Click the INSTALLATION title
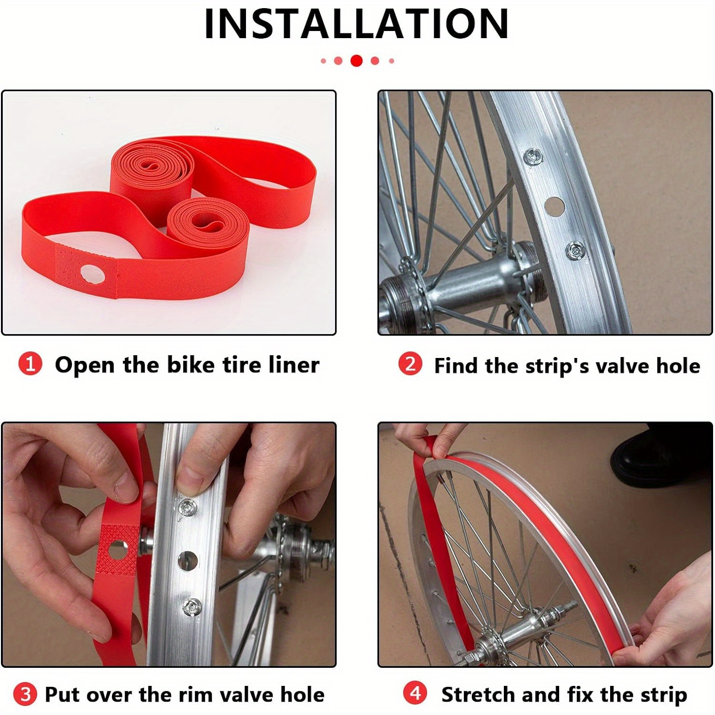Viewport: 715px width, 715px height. (356, 24)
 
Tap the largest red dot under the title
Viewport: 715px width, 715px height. (356, 61)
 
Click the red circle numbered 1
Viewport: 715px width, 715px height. (30, 365)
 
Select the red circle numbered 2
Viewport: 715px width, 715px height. (410, 365)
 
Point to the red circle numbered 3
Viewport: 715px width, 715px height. (25, 694)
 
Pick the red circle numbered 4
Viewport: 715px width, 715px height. (415, 693)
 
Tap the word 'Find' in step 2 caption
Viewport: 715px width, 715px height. (455, 366)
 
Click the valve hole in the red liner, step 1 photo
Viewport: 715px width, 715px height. (92, 274)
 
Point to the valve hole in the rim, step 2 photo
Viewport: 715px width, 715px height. (554, 205)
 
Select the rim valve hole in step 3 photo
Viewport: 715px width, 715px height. (187, 561)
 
